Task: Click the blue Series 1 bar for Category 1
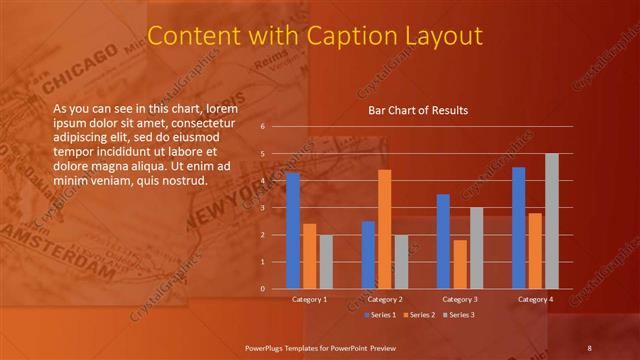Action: [x=293, y=231]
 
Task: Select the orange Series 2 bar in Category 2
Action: [x=384, y=229]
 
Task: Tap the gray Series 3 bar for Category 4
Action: [x=551, y=221]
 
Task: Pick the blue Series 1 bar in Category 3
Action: [x=443, y=241]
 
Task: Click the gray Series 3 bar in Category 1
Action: [x=326, y=261]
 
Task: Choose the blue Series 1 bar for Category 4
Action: [x=518, y=228]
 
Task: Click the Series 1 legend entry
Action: [x=382, y=315]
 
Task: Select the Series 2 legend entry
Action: [x=420, y=315]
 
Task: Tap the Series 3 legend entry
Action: [x=459, y=315]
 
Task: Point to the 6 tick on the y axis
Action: [x=262, y=127]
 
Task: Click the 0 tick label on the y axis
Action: [x=262, y=289]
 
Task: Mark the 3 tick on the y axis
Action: [x=262, y=208]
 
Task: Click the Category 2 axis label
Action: [x=385, y=299]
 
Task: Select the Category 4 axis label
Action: [x=534, y=299]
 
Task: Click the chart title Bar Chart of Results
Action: [x=419, y=110]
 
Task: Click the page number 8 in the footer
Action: [x=589, y=347]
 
